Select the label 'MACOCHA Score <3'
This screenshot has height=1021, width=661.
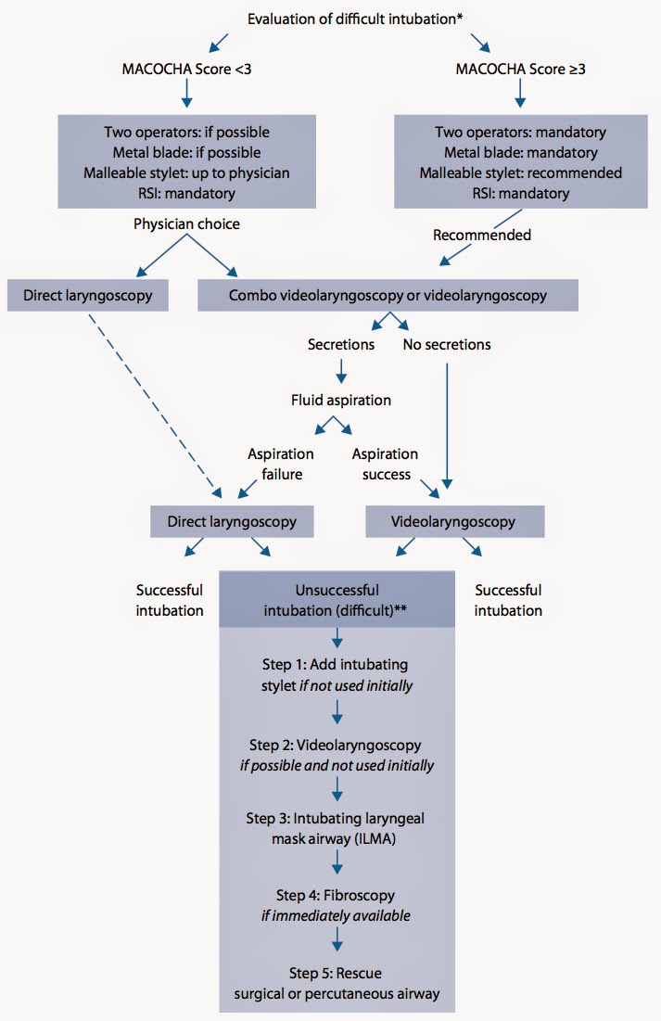point(187,70)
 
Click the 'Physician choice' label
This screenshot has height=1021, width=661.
point(187,223)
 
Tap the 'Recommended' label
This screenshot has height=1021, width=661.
point(482,235)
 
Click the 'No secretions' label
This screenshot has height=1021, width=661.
point(447,345)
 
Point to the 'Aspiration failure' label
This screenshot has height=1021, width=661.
point(280,464)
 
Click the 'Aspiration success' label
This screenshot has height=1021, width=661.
point(385,464)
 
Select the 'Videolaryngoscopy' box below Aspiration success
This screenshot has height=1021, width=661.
point(454,521)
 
